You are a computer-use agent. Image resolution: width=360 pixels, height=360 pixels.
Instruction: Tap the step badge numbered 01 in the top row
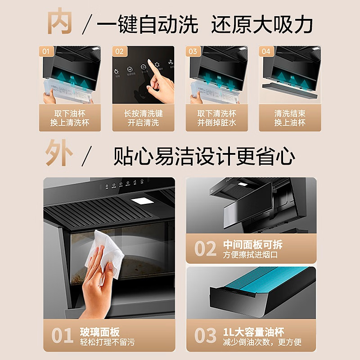pos(45,51)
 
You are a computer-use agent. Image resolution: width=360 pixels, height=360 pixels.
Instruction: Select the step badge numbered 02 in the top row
pos(119,51)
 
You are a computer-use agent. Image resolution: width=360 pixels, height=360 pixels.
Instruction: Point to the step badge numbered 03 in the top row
pos(193,51)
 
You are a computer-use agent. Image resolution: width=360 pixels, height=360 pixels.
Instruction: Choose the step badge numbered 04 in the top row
pos(266,51)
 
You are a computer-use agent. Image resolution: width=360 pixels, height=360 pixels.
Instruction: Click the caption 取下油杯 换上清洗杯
pos(69,118)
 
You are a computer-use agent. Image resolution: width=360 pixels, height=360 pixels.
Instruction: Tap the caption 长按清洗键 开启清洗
pos(143,118)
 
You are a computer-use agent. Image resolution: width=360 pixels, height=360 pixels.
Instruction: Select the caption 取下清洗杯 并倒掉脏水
pos(216,118)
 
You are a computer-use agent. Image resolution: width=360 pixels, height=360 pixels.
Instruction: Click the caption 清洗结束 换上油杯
pos(290,118)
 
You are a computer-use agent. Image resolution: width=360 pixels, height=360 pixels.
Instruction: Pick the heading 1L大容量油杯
pos(254,332)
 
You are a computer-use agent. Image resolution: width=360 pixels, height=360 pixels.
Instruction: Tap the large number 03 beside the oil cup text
pos(206,336)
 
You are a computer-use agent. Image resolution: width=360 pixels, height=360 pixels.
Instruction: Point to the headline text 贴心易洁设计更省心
pos(204,157)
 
